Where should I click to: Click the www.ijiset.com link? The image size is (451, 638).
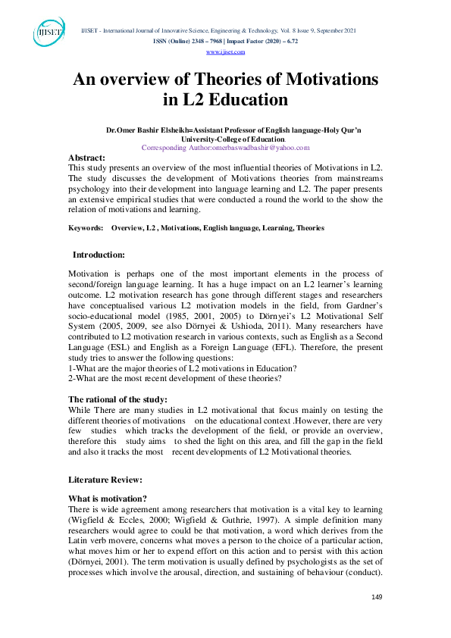pos(225,52)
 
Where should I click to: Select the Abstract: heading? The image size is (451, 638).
pos(88,158)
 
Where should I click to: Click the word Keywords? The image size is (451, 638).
pos(86,227)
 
